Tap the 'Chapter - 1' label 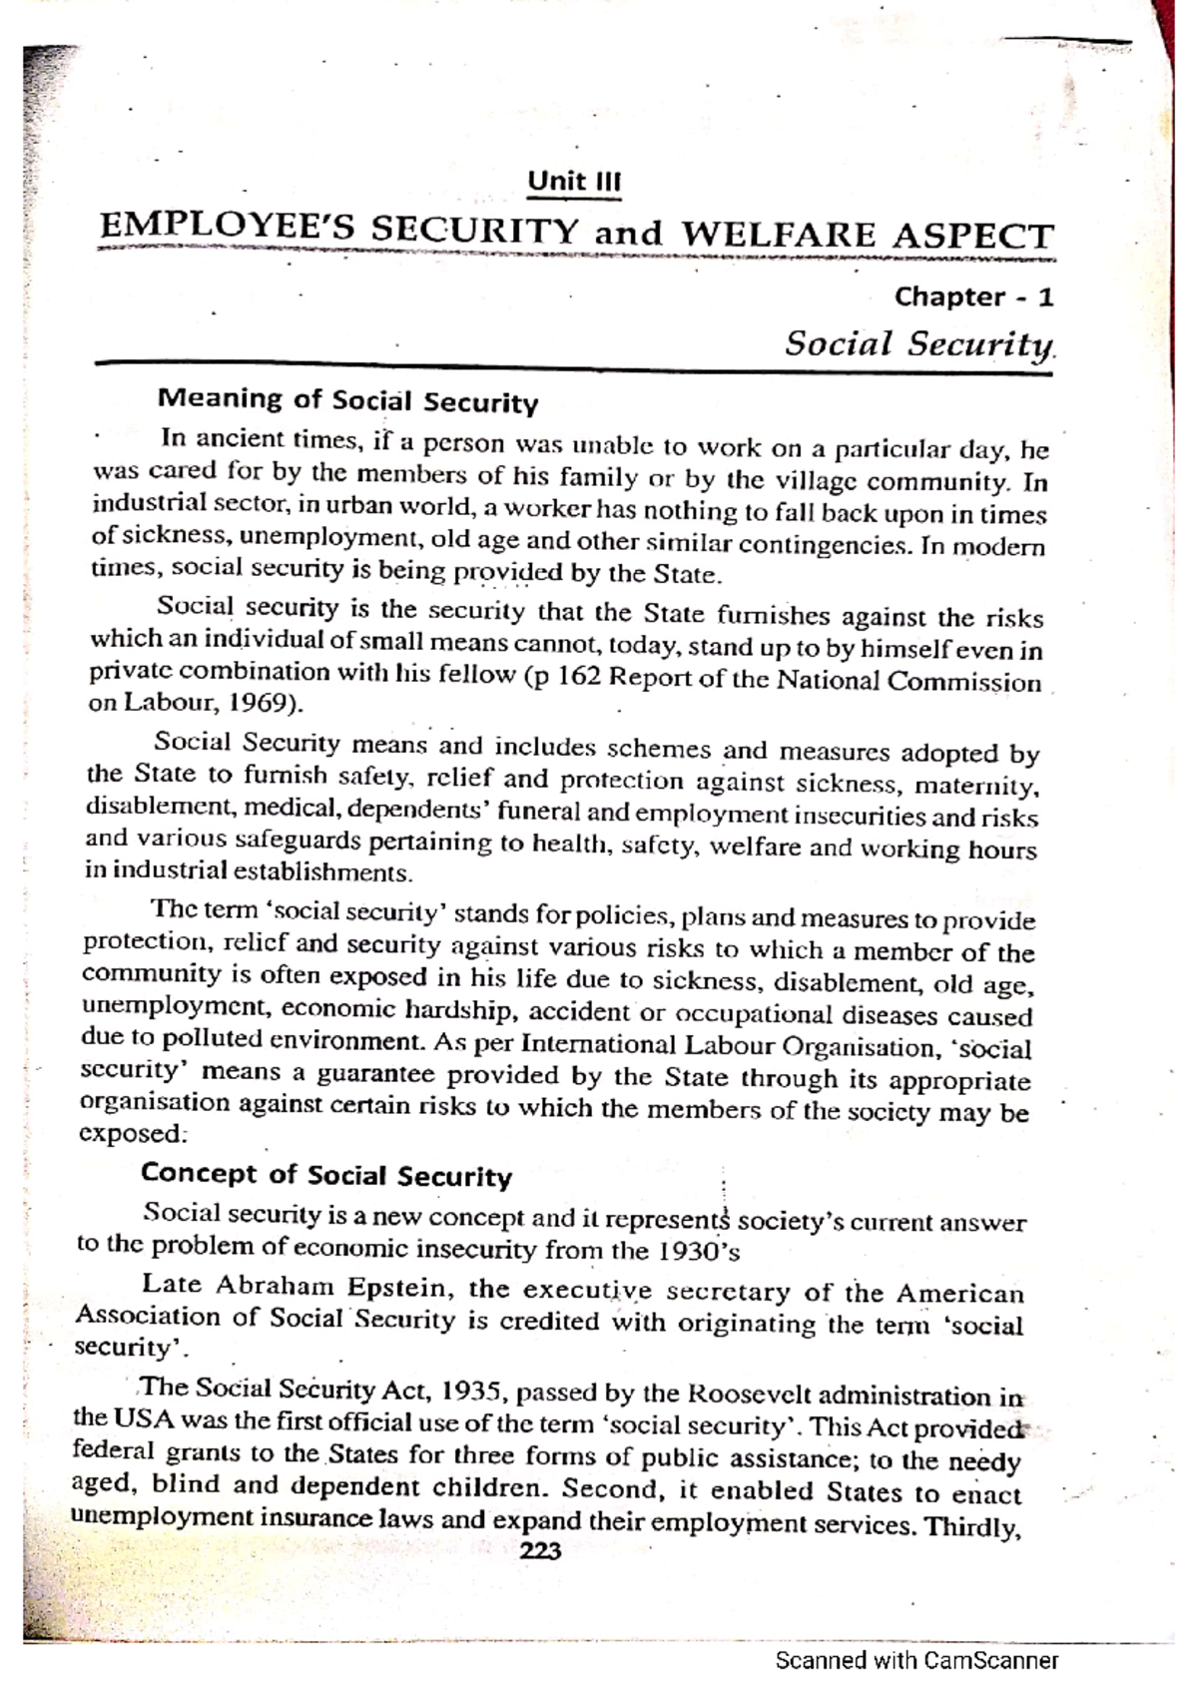[x=973, y=296]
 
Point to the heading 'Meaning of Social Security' [x=347, y=401]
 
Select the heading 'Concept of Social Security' [x=325, y=1175]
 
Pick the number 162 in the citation [x=577, y=676]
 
